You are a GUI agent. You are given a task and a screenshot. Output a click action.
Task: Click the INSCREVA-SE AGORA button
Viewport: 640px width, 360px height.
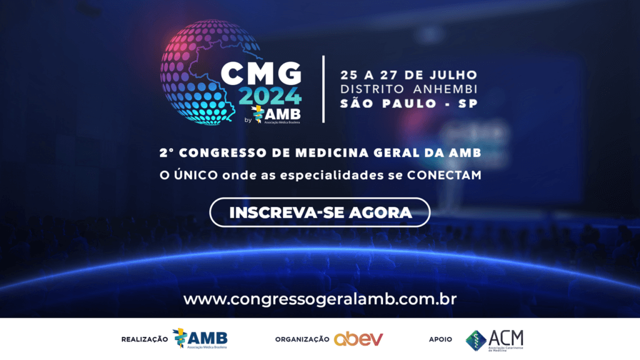coord(319,212)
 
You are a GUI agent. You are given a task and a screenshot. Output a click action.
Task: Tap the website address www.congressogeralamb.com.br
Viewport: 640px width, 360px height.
coord(320,299)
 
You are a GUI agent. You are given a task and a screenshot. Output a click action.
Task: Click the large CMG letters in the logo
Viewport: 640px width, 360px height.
coord(261,74)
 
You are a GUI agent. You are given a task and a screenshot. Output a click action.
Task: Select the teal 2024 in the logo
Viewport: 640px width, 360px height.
coord(270,96)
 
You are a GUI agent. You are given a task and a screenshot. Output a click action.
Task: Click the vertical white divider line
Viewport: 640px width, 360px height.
coord(323,89)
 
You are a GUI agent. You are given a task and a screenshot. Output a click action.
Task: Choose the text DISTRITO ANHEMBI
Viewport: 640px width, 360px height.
coord(409,89)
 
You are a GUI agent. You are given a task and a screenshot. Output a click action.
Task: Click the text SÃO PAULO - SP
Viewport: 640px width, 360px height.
coord(409,104)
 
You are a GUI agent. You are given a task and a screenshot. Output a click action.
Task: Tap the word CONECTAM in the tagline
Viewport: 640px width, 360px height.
coord(444,175)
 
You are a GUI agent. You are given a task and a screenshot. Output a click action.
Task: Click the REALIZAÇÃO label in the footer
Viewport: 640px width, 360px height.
coord(144,339)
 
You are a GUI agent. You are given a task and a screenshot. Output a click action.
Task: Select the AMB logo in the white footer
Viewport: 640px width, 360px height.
coord(200,339)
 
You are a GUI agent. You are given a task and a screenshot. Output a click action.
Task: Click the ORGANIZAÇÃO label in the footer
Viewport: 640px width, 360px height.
coord(302,339)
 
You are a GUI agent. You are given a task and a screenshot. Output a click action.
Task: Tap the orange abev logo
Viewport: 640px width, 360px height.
coord(358,339)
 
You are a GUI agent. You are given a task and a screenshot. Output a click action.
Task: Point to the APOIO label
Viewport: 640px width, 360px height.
coord(441,339)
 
